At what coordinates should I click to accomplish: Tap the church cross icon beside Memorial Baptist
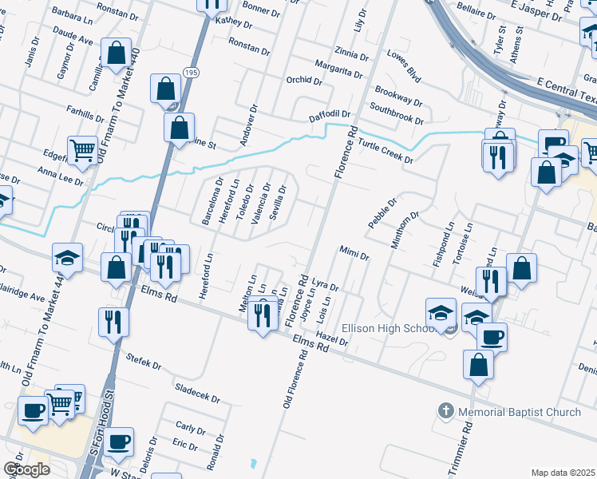coord(446,412)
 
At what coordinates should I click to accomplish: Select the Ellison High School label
coord(388,328)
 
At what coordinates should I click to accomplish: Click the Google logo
coord(26,469)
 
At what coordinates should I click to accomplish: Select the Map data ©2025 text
coord(563,473)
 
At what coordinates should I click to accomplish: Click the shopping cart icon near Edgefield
coord(82,149)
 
